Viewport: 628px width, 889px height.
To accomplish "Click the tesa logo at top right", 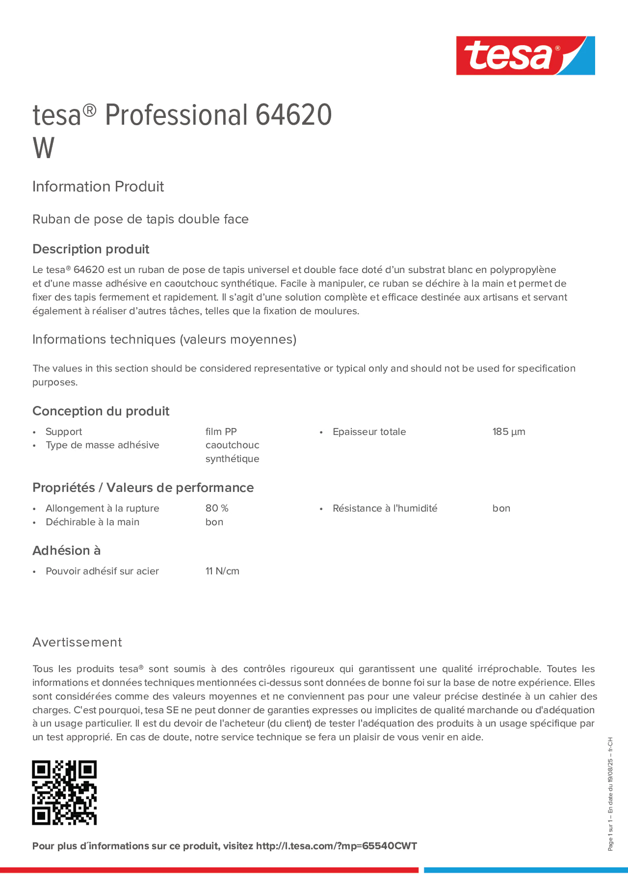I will [525, 55].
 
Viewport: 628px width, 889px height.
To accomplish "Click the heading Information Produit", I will [98, 187].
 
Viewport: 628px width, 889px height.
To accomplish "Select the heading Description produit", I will [91, 249].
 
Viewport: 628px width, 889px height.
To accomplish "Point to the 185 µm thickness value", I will [509, 432].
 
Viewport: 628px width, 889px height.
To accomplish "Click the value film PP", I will [221, 432].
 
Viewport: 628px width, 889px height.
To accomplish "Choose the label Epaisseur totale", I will [369, 432].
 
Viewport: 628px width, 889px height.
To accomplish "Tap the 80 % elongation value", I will [217, 508].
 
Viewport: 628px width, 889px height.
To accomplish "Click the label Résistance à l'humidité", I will [385, 508].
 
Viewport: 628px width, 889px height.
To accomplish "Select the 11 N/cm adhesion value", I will [222, 571].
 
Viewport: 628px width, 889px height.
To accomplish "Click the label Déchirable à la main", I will [92, 522].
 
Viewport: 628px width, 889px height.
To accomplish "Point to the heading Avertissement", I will [77, 642].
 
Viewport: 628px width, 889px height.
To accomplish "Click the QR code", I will [64, 792].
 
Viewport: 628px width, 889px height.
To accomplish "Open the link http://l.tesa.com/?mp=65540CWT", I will [336, 846].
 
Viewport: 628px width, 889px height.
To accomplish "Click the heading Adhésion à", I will [66, 550].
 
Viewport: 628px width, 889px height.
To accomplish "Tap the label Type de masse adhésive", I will [102, 445].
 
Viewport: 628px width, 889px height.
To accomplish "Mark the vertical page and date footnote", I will [610, 794].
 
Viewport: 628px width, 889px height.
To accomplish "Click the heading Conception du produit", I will [101, 411].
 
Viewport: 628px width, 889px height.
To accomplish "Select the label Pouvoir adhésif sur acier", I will [102, 571].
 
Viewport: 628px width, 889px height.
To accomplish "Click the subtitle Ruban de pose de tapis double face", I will [140, 219].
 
